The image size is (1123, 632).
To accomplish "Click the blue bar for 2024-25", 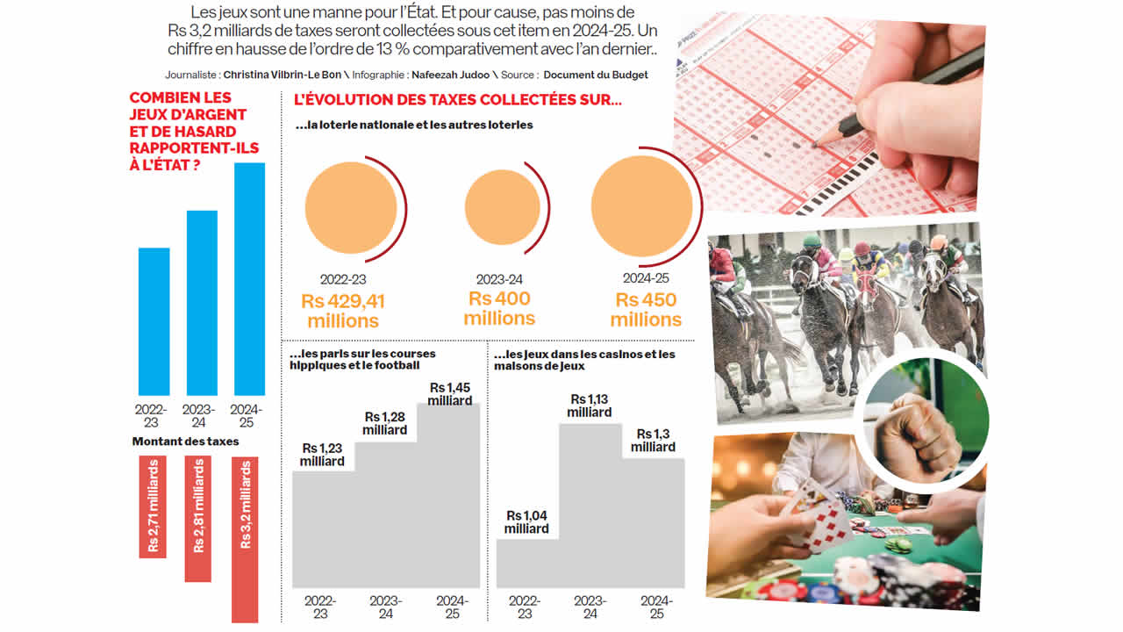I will [x=250, y=279].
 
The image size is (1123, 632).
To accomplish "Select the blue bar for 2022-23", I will [x=154, y=321].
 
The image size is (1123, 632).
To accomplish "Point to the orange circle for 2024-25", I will [x=642, y=206].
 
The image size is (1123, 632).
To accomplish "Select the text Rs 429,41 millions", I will [x=343, y=311].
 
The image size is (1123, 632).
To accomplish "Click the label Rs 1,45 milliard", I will [x=450, y=394].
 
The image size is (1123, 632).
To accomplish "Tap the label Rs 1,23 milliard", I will [x=322, y=454].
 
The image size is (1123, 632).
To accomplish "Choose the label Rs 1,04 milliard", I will [x=526, y=522].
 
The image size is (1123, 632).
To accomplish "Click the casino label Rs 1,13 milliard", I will [x=590, y=406].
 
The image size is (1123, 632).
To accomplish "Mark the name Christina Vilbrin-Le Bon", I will [x=283, y=75].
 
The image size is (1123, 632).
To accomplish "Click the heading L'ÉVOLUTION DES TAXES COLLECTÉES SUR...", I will [x=457, y=100].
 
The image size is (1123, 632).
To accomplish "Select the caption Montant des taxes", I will [x=185, y=442].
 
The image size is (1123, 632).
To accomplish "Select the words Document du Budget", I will [x=596, y=75].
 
